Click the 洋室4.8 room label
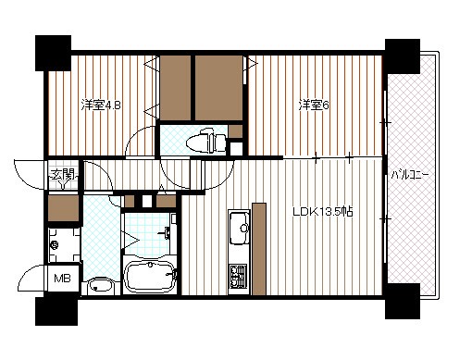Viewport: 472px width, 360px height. click(101, 106)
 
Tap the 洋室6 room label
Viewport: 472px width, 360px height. click(314, 106)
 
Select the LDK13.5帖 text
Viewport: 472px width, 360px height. click(323, 212)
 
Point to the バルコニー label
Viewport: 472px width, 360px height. click(410, 175)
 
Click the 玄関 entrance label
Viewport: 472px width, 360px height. click(63, 175)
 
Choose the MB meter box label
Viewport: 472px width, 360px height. click(62, 279)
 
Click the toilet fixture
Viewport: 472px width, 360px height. click(206, 142)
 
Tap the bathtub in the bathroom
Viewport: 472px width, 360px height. click(150, 277)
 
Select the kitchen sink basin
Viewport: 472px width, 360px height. click(239, 228)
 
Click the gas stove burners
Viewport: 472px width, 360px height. click(239, 277)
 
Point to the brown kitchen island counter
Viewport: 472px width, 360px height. click(259, 249)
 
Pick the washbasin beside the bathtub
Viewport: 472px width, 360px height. click(100, 286)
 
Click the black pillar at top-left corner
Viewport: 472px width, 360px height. click(53, 53)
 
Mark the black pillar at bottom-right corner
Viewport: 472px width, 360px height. click(403, 301)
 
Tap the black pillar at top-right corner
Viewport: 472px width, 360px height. click(403, 56)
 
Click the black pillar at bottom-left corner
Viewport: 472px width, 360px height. click(56, 311)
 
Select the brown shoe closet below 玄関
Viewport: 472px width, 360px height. click(63, 208)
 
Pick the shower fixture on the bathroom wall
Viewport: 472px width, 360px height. click(166, 233)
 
